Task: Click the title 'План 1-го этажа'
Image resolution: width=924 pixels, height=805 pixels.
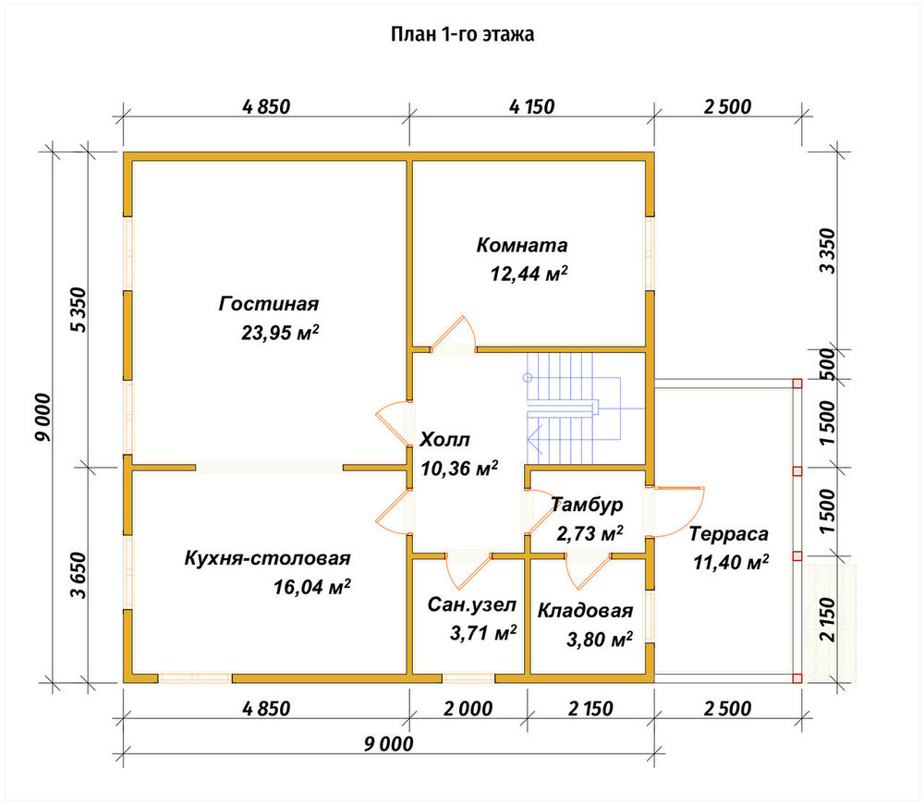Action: pos(463,34)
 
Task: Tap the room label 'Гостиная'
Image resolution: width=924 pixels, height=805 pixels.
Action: pos(269,303)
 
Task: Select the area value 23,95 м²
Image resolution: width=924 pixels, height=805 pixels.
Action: pos(280,333)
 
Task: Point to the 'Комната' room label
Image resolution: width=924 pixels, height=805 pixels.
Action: pos(521,245)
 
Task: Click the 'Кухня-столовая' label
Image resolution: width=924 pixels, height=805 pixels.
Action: pos(268,557)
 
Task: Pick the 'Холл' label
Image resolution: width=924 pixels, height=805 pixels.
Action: pos(445,439)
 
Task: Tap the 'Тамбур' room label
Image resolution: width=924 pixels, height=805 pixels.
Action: pos(587,505)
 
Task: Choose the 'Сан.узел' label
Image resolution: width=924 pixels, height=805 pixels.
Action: pos(471,604)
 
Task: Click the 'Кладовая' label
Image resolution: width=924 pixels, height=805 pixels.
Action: pos(585,611)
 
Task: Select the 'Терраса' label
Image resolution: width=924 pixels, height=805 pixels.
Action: pos(729,534)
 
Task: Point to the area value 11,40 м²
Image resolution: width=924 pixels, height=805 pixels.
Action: pos(731,562)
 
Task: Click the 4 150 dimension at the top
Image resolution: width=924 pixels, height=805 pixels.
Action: pos(531,106)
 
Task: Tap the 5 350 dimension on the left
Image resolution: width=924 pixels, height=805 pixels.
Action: pos(79,310)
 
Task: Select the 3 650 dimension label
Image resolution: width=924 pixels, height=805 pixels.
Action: pos(79,575)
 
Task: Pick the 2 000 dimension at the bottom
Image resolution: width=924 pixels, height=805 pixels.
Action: pos(468,708)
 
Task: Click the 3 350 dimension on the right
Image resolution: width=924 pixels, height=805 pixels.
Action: pos(827,251)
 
